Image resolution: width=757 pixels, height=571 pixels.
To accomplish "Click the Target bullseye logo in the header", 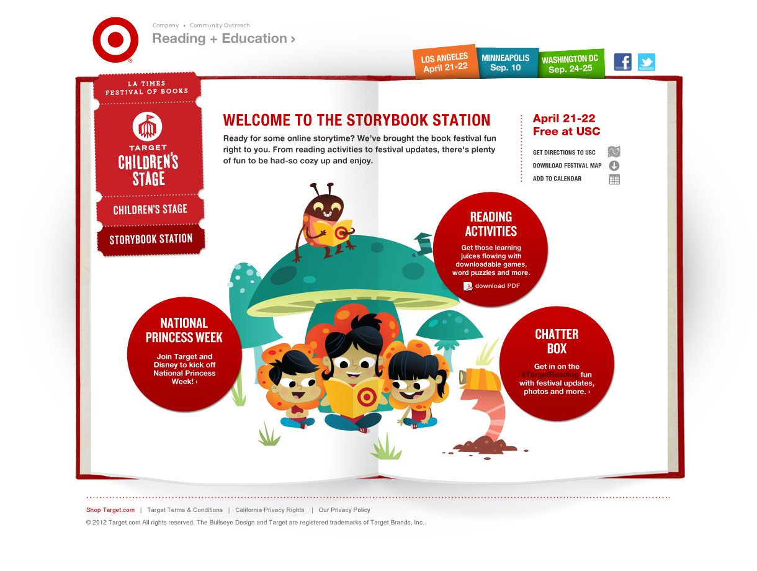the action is coord(115,40).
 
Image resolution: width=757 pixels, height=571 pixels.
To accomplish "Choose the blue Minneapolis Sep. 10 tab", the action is coord(505,63).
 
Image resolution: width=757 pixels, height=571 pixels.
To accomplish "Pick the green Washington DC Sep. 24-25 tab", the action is coord(570,64).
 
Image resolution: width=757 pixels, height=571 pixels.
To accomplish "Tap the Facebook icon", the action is coord(622,62).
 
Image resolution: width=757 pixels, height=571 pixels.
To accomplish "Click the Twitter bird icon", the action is coord(647,62).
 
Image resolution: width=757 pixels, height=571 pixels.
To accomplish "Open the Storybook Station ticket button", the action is coord(151,240).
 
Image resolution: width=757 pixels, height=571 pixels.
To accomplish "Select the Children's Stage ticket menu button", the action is coord(150,209).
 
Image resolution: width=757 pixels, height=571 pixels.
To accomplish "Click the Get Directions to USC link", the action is coord(564,153).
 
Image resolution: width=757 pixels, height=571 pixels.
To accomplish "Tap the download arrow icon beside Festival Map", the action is coord(614,166).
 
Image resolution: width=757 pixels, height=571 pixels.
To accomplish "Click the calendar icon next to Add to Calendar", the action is coord(614,179).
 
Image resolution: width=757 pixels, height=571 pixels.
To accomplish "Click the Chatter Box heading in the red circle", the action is coord(557,341).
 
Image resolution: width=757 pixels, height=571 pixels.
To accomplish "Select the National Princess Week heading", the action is coord(184,330).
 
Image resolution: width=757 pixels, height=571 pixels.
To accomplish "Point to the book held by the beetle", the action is coord(333,232).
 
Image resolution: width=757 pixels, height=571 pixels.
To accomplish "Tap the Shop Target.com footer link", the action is coord(110,510).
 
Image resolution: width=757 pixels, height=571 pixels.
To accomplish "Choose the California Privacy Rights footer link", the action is coord(270,510).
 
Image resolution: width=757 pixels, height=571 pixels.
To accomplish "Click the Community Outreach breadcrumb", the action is coord(220,25).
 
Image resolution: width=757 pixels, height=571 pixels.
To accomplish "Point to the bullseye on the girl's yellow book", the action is coord(367,397).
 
